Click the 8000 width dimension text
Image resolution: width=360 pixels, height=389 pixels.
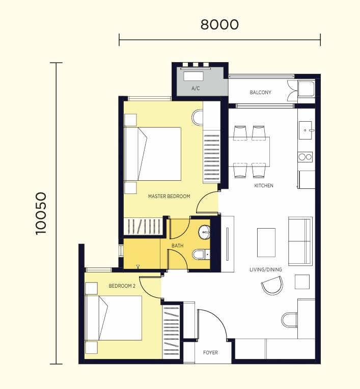coord(219,24)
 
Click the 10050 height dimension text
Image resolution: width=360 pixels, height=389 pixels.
coord(41,213)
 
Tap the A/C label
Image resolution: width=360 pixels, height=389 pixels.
coord(196,88)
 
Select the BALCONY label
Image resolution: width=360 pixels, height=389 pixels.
coord(260,93)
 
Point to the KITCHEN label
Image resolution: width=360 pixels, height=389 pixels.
coord(264,185)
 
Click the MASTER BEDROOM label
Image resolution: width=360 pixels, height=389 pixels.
coord(169,196)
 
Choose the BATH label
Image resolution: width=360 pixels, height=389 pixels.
coord(178,245)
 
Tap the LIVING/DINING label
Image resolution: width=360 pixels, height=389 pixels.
coord(266,269)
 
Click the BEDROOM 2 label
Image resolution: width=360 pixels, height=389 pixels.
coord(122,286)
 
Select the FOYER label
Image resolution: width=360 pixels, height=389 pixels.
coord(210,352)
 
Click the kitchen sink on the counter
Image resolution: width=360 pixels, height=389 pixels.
coord(305,130)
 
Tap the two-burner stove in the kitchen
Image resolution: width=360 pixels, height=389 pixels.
coord(305,157)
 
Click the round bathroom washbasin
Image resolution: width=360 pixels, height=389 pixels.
coord(204,233)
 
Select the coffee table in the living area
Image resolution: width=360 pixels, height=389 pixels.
coord(266,243)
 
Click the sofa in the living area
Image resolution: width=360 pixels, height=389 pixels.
coord(300,241)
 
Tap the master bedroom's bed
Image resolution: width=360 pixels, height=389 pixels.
coord(152,154)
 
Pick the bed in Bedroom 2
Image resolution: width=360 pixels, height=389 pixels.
coord(114,318)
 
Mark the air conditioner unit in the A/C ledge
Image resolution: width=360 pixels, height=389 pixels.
coord(193,76)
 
